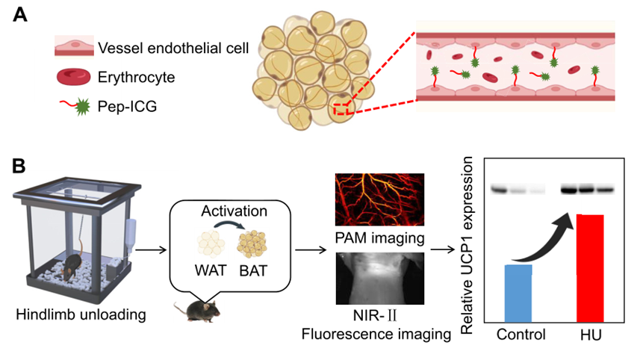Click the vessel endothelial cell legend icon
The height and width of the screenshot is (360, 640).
click(x=73, y=48)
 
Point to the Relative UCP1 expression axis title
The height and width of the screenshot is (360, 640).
click(x=470, y=243)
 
